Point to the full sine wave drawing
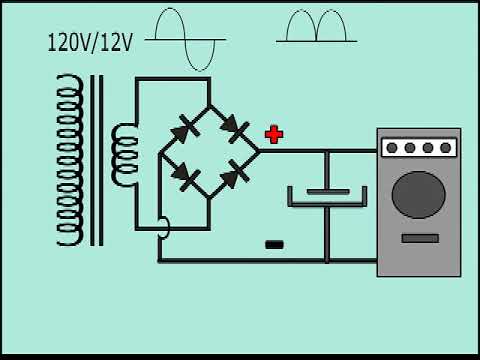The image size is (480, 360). pyautogui.click(x=186, y=38)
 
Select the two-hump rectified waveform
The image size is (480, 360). pyautogui.click(x=316, y=27)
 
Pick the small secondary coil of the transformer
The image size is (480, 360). pyautogui.click(x=125, y=155)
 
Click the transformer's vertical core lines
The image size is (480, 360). pyautogui.click(x=96, y=160)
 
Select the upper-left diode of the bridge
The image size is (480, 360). pyautogui.click(x=184, y=128)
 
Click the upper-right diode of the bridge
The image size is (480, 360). pyautogui.click(x=234, y=127)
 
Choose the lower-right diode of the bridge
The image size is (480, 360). pyautogui.click(x=234, y=175)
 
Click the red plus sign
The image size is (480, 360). pyautogui.click(x=274, y=134)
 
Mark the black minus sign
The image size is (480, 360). pyautogui.click(x=274, y=243)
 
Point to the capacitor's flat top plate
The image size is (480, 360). pyautogui.click(x=327, y=190)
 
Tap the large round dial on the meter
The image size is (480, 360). pyautogui.click(x=418, y=194)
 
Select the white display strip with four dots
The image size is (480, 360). pyautogui.click(x=418, y=148)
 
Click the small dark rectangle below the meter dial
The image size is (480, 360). pyautogui.click(x=420, y=238)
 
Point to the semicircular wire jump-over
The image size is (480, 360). pyautogui.click(x=165, y=229)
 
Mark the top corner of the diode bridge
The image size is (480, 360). pyautogui.click(x=210, y=104)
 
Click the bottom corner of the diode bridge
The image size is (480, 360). pyautogui.click(x=210, y=199)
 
